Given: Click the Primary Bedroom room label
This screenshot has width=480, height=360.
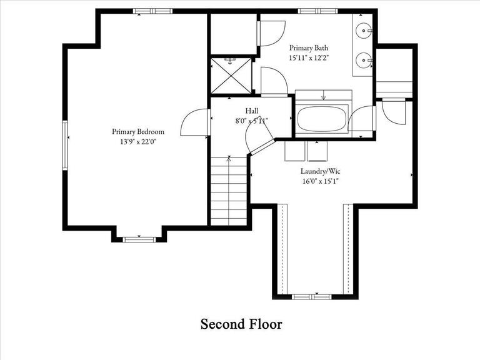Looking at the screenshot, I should point(137,132).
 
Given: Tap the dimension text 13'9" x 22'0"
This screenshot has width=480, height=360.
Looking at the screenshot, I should point(137,142).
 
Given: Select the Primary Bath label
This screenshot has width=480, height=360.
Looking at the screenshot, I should point(308,47).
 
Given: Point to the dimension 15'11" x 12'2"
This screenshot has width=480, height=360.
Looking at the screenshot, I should point(308,57).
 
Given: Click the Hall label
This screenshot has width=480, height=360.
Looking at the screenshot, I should point(251,111).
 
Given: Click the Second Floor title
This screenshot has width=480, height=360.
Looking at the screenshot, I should point(241,324).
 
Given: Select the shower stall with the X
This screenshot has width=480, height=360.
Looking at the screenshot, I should point(231,76).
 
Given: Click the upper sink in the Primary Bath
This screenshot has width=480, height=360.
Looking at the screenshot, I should point(364,29).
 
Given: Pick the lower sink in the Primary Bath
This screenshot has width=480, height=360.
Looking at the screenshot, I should point(364,61).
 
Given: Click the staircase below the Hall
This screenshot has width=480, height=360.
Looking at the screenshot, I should point(229,191).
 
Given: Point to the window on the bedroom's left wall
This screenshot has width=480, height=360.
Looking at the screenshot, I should point(64,144).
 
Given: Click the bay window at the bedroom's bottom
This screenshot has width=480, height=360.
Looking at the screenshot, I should point(138,238).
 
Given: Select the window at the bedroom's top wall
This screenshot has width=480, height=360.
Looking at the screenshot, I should point(153,11).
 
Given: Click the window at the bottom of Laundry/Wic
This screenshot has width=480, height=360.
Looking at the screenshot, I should point(313,296).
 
